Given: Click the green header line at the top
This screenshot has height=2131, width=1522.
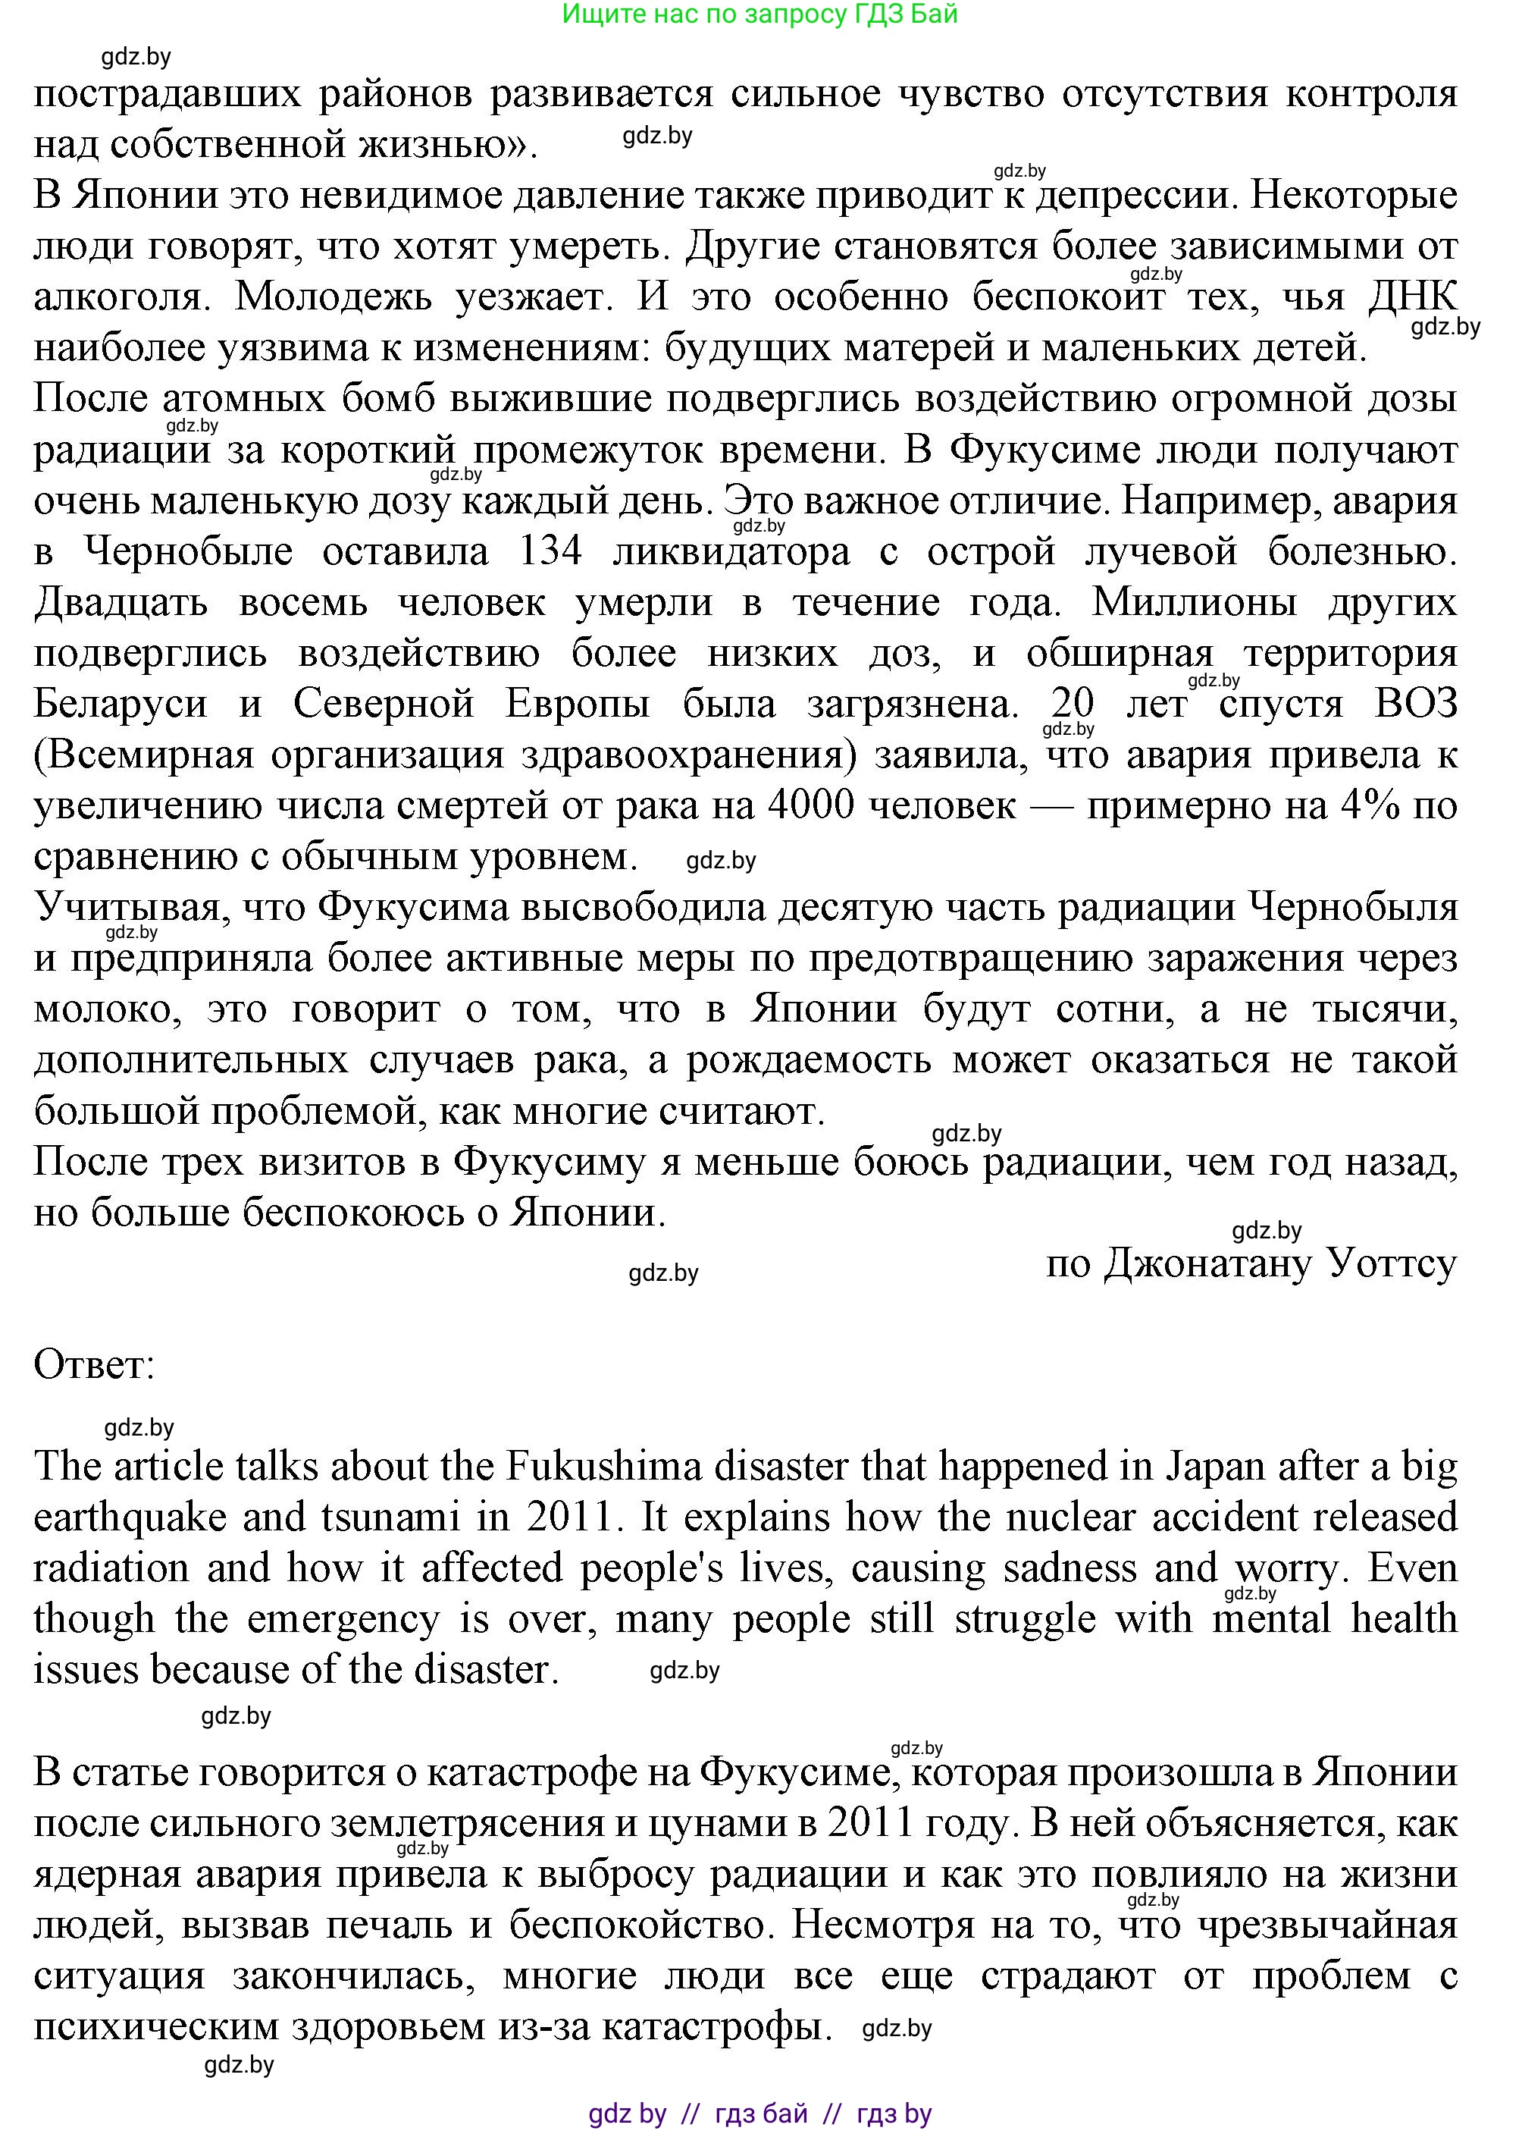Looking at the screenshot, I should pos(760,15).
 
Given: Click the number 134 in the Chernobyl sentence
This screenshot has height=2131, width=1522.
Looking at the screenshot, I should pos(550,551).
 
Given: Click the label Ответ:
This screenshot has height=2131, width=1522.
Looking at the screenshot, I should pos(94,1365).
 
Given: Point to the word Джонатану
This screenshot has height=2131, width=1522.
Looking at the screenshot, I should pos(1209,1263).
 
